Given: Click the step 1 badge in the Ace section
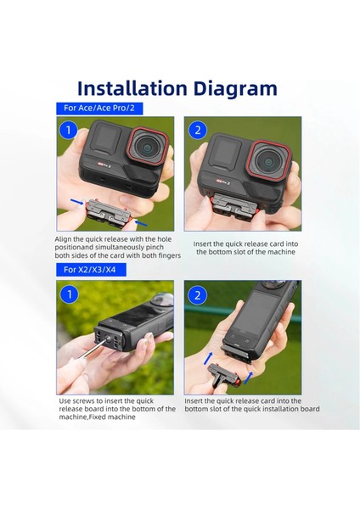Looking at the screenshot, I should tap(69, 130).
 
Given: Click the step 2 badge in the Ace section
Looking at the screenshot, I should tap(198, 130).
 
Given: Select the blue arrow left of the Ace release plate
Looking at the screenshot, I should tap(74, 204).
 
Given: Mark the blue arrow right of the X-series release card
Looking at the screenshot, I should tap(251, 374).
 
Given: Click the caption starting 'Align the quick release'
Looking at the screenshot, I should tap(116, 248).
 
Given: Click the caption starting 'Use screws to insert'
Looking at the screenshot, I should tap(116, 409).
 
